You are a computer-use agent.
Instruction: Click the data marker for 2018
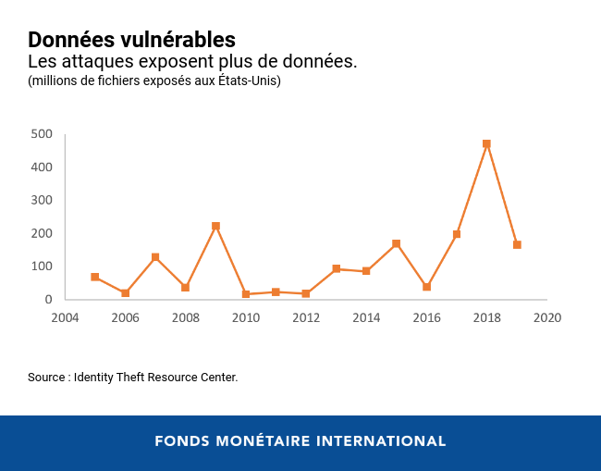[x=486, y=144]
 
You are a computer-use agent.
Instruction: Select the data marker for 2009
[x=215, y=226]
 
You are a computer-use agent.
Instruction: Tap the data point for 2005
[x=95, y=277]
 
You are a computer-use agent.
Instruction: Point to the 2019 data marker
[x=517, y=245]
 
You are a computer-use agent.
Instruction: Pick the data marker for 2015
[x=396, y=243]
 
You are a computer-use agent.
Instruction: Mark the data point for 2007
[x=155, y=257]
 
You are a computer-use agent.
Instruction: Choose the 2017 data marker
[x=457, y=234]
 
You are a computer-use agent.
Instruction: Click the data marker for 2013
[x=336, y=268]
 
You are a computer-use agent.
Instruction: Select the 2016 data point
[x=426, y=287]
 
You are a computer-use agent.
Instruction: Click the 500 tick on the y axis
[x=41, y=133]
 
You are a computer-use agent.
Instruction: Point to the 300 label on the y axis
[x=41, y=200]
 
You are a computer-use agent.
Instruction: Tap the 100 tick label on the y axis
[x=41, y=266]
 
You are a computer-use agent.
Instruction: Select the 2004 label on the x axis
[x=65, y=318]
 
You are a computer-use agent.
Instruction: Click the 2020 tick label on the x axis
[x=547, y=318]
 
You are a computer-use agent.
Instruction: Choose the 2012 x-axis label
[x=306, y=318]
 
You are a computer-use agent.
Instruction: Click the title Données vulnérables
[x=131, y=40]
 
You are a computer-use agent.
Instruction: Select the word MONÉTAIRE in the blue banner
[x=262, y=441]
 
